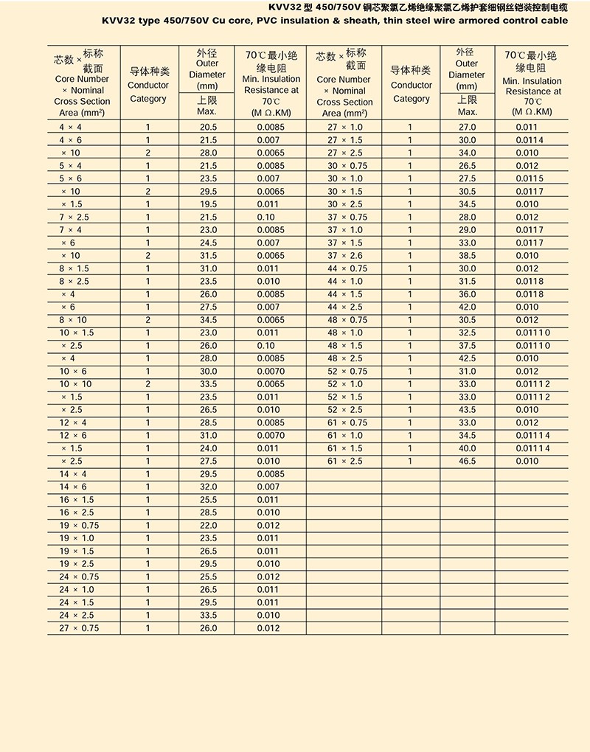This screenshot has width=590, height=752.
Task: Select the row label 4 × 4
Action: [x=71, y=128]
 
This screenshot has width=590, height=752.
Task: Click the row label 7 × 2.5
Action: [x=74, y=217]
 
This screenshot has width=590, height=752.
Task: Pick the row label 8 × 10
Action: [x=73, y=320]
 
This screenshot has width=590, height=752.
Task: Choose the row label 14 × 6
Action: [x=73, y=487]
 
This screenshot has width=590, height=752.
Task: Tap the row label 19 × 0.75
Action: [x=77, y=526]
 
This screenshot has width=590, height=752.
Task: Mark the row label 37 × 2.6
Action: [x=345, y=256]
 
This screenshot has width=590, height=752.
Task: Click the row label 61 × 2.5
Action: [x=345, y=462]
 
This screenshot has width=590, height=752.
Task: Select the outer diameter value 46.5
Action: [x=468, y=462]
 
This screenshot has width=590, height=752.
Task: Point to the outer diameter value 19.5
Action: [x=208, y=204]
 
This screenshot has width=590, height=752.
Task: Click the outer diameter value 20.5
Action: [x=208, y=128]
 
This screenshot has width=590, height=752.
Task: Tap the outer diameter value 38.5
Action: [x=468, y=256]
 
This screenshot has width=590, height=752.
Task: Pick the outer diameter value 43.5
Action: [x=468, y=410]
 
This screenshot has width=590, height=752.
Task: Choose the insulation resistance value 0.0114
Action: [x=530, y=140]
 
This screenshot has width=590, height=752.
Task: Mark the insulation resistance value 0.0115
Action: [x=530, y=178]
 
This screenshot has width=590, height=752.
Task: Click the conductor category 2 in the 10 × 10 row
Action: [x=147, y=384]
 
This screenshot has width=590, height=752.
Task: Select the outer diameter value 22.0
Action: [x=208, y=526]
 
